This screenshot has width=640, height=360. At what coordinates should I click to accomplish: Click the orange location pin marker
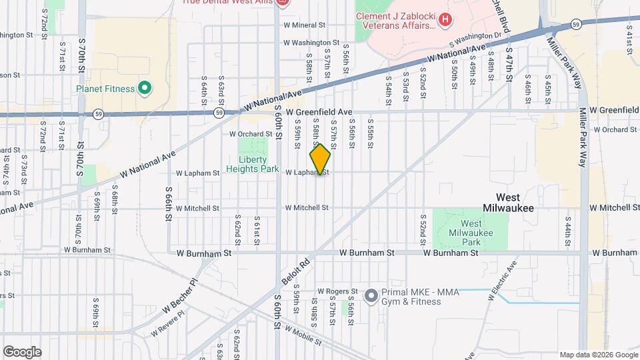click(x=320, y=159)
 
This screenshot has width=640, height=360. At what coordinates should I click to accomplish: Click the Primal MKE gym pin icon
click(x=371, y=294)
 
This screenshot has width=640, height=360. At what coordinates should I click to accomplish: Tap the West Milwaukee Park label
click(x=471, y=233)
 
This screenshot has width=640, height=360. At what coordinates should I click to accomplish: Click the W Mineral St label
click(x=303, y=25)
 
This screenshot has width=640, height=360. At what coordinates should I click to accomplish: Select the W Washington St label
click(x=311, y=43)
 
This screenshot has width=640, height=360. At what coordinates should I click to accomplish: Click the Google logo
click(x=22, y=351)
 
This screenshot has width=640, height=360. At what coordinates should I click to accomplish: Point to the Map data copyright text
click(x=598, y=355)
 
